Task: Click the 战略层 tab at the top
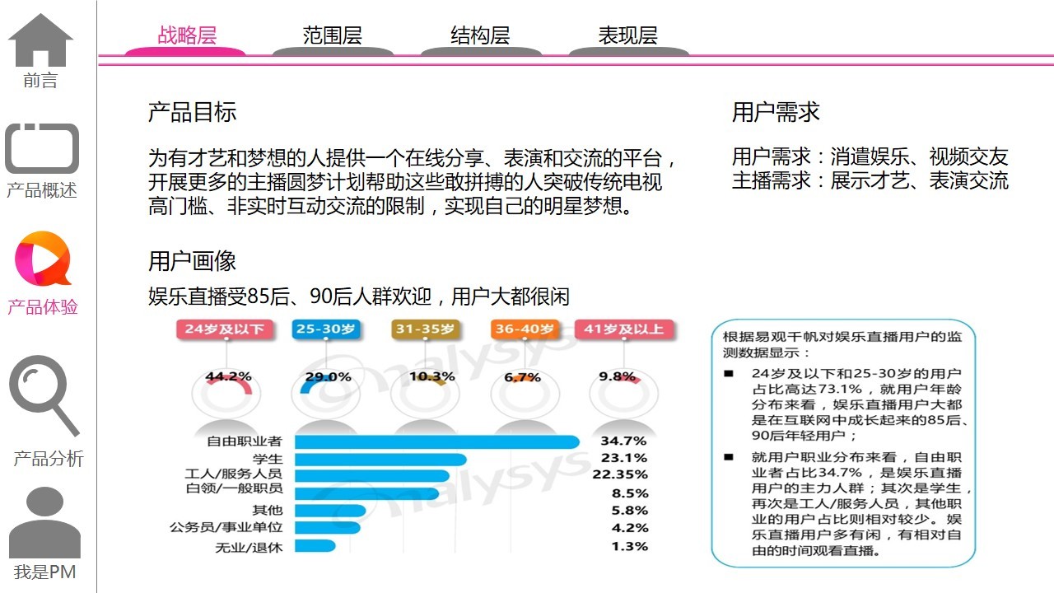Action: click(186, 36)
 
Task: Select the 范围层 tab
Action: click(333, 36)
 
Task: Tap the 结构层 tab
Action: click(480, 36)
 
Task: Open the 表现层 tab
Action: click(627, 36)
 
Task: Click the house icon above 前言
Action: click(40, 40)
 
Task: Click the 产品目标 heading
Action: click(193, 113)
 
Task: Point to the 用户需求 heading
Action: click(776, 113)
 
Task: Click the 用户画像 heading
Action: click(193, 262)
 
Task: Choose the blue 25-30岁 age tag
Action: click(327, 329)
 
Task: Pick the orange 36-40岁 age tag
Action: click(525, 329)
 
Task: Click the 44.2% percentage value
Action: click(228, 377)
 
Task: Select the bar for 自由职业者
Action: click(436, 441)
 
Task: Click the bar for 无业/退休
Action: click(315, 546)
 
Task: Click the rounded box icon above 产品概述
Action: click(42, 149)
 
